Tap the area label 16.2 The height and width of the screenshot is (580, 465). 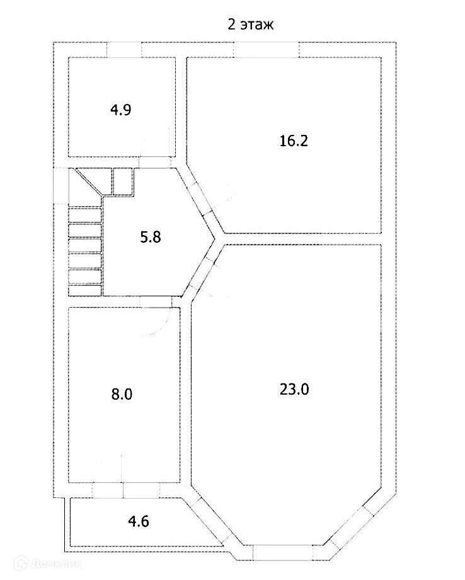[x=293, y=141]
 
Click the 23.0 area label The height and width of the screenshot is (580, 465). [x=294, y=389]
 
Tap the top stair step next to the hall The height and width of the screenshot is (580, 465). [x=84, y=214]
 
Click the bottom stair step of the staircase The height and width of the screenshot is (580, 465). [x=84, y=290]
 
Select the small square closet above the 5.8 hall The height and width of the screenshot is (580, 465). [x=123, y=182]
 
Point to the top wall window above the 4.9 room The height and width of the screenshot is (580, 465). [x=123, y=49]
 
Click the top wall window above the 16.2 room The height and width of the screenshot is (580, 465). [x=267, y=49]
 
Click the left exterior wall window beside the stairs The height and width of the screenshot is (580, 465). [x=60, y=187]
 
